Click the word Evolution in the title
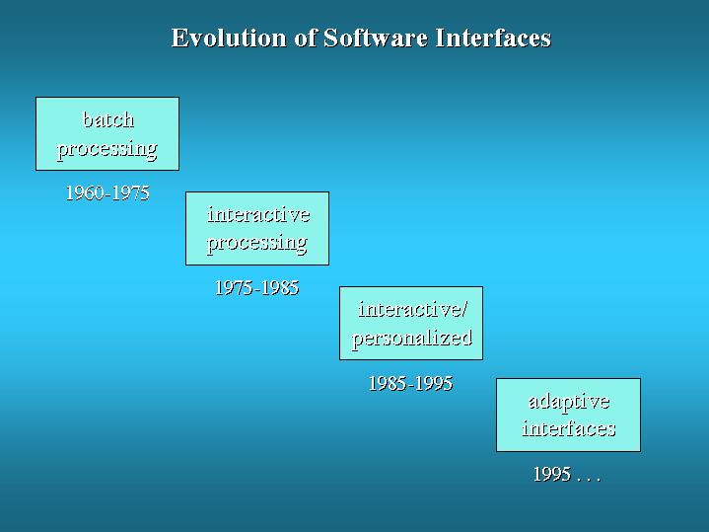coord(229,38)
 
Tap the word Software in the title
coord(376,38)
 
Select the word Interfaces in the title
coord(493,38)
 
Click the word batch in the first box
coord(108,120)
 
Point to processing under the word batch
coord(107,149)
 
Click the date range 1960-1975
coord(107,192)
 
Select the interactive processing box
coord(257,229)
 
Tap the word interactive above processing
coord(258,214)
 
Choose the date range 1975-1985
coord(256,288)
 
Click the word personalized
coord(412,339)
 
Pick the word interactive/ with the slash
coord(412,310)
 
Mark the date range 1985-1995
coord(410,384)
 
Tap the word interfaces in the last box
coord(569,428)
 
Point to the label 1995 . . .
coord(552,475)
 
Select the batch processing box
coord(107,133)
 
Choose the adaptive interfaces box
coord(568,415)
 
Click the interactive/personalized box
coord(411,324)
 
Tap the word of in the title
coord(305,38)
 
